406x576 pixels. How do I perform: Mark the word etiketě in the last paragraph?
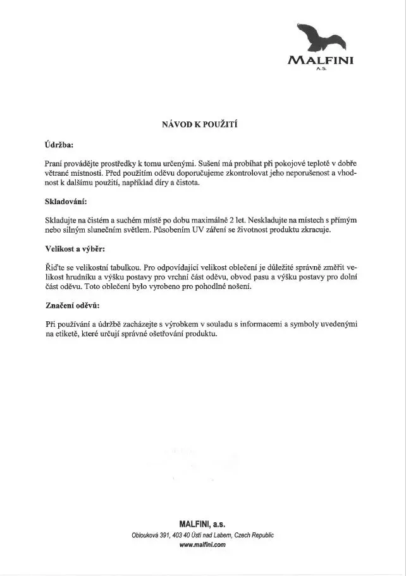click(x=63, y=334)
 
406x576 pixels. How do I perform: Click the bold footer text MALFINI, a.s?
click(x=202, y=524)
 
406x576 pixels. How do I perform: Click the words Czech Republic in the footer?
click(x=254, y=534)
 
